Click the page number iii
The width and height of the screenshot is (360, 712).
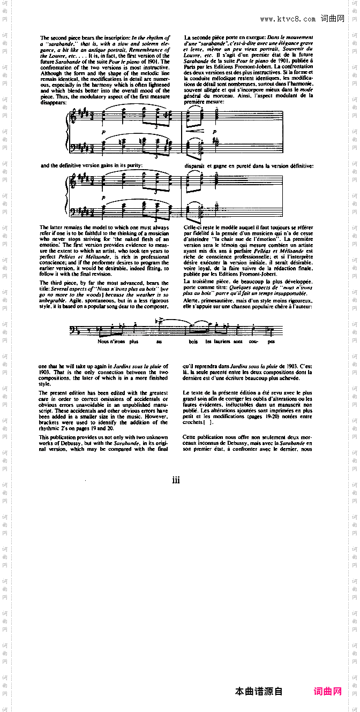click(176, 480)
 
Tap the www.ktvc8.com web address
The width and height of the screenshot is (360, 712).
click(288, 19)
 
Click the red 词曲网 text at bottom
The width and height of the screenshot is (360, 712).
click(328, 691)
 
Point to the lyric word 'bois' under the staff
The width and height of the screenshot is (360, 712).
click(193, 342)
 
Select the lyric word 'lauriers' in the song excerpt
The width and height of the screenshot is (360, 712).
click(222, 342)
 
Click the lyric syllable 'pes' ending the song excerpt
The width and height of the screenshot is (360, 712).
click(272, 342)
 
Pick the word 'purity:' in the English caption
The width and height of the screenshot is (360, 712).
click(134, 165)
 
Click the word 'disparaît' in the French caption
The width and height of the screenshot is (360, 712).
click(195, 165)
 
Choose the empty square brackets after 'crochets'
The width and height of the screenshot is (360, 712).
click(214, 422)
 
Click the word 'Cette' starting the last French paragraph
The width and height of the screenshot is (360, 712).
click(191, 437)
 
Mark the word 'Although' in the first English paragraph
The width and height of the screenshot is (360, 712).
click(51, 67)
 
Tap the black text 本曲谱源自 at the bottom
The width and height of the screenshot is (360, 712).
click(259, 691)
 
